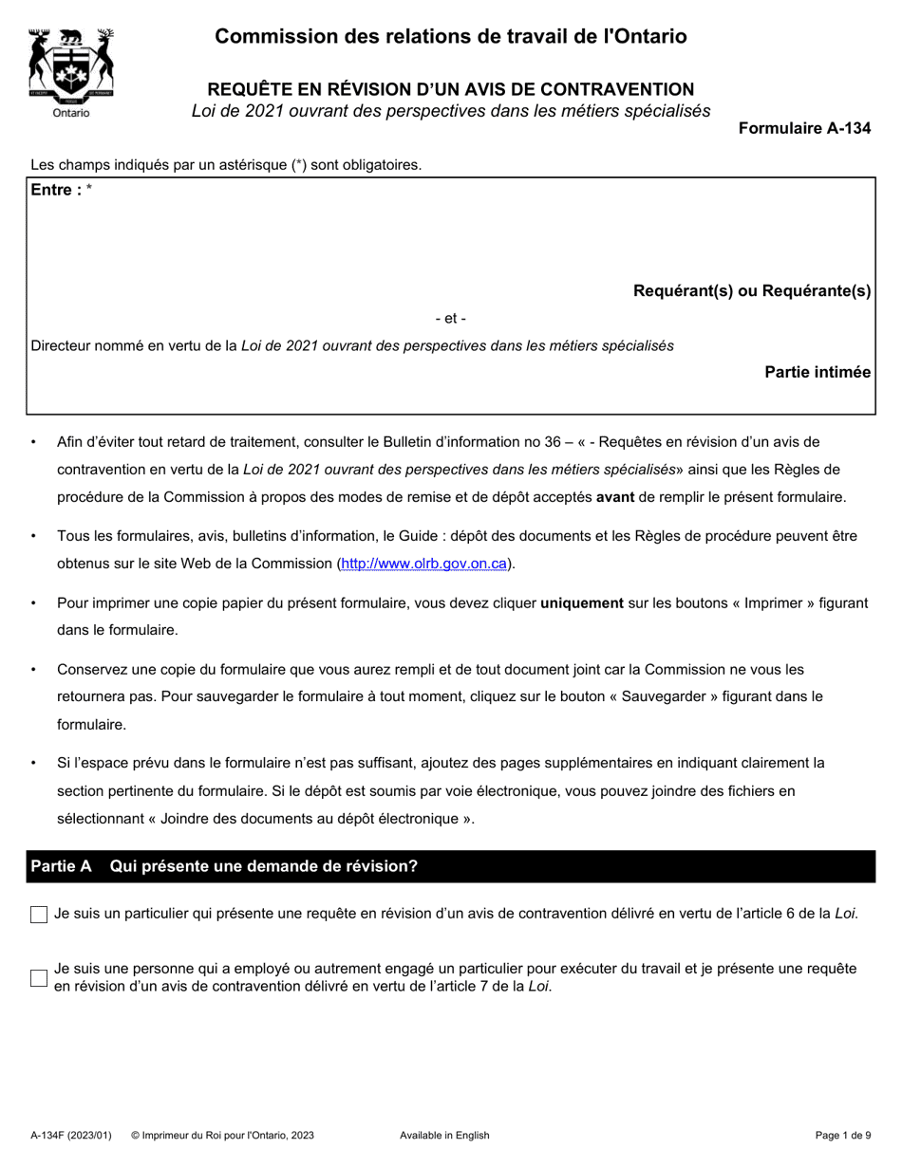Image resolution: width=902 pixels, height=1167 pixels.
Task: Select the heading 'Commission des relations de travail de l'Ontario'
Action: tap(451, 37)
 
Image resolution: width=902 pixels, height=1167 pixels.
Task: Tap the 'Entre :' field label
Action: tap(56, 190)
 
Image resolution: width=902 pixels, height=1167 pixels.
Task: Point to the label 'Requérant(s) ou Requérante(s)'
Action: tap(752, 291)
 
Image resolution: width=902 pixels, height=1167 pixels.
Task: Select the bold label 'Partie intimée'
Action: tap(817, 372)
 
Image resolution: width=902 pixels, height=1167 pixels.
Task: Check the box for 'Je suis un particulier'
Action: tap(39, 915)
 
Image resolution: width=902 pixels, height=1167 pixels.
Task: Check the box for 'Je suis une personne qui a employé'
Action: tap(39, 978)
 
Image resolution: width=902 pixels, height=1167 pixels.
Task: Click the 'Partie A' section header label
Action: tap(62, 866)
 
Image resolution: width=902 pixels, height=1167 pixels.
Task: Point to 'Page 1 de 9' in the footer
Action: tap(843, 1135)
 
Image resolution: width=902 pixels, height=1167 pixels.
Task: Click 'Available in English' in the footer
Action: tap(444, 1135)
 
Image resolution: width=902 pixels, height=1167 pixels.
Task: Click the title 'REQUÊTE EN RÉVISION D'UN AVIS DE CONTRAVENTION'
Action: tap(451, 89)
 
